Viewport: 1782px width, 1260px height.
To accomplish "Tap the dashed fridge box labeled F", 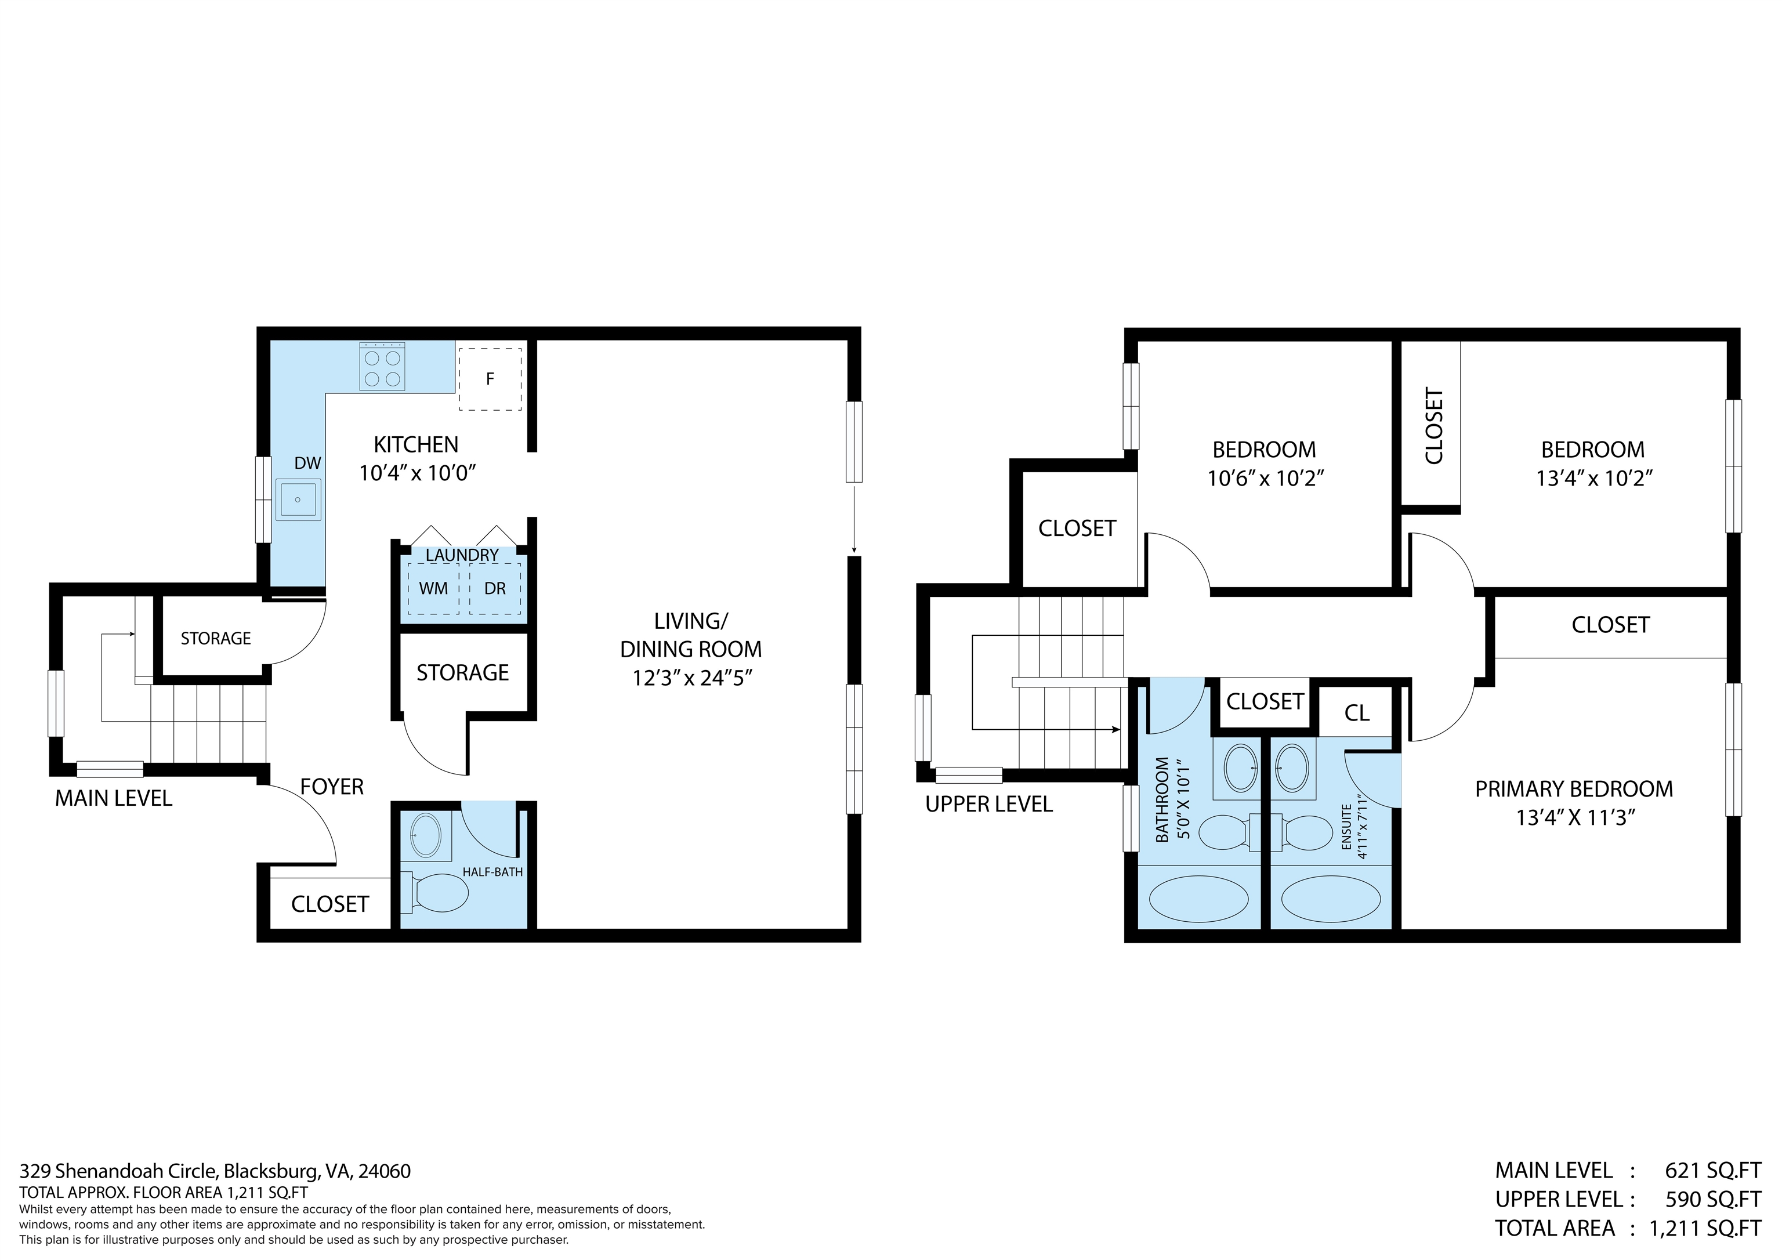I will (490, 379).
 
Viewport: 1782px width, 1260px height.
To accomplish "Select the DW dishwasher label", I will (307, 464).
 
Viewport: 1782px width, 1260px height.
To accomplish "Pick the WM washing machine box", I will (433, 588).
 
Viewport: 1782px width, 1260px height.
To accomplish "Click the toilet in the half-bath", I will (438, 893).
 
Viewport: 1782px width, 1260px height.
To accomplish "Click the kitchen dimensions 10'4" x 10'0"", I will (416, 473).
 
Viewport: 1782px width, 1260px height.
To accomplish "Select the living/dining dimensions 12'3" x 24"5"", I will (692, 678).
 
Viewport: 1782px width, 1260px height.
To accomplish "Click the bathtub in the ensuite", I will (1330, 900).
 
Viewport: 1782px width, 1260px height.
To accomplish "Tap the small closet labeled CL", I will (1357, 713).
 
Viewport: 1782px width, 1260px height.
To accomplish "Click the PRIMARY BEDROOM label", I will (1573, 789).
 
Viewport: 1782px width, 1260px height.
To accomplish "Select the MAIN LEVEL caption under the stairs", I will (113, 798).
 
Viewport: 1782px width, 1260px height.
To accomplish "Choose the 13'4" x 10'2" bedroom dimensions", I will (1593, 478).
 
